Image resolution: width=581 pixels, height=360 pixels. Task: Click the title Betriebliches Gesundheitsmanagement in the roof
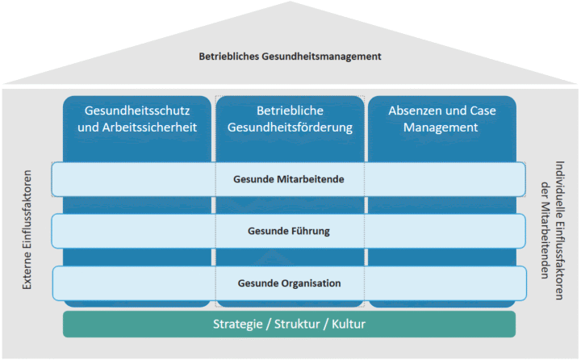[x=290, y=57]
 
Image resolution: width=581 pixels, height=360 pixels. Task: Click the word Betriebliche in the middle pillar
[x=290, y=110]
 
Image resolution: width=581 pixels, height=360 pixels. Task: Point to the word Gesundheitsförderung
[x=290, y=127]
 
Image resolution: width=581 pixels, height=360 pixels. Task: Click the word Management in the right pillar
[x=441, y=127]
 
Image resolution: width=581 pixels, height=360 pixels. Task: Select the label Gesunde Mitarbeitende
[x=290, y=178]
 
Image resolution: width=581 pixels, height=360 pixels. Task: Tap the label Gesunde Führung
[x=290, y=232]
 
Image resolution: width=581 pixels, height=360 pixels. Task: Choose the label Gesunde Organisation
[x=290, y=283]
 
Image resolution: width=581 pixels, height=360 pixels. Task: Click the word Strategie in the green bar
[x=238, y=324]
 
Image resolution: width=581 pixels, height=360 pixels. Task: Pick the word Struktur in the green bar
[x=297, y=324]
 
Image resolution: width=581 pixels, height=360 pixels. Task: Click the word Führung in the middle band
[x=310, y=232]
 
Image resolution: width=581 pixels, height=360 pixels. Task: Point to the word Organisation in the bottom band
[x=308, y=283]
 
